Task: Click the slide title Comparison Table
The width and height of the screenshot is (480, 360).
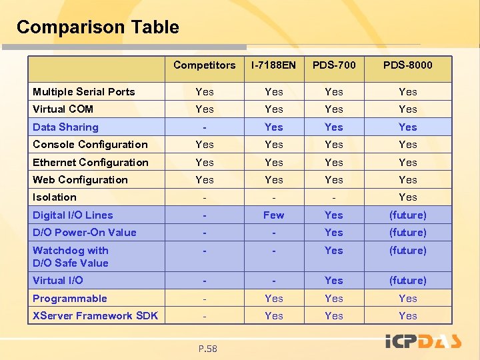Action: click(97, 27)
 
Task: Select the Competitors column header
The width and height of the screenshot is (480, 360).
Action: click(204, 65)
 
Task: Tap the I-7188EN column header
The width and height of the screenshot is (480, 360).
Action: click(273, 65)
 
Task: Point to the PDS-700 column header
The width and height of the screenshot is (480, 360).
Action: click(333, 65)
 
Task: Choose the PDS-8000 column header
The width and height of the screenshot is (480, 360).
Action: click(407, 65)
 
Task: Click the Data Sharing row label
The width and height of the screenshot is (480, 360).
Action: click(65, 127)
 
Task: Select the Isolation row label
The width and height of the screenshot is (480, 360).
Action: click(55, 197)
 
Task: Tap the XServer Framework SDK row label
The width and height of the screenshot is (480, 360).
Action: click(95, 316)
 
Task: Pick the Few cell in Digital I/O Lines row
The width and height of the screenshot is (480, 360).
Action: click(273, 215)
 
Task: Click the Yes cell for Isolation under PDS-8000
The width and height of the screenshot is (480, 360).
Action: click(407, 197)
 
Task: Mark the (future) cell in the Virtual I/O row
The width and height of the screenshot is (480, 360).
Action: click(407, 281)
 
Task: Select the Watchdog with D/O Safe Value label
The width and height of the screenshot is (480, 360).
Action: click(71, 257)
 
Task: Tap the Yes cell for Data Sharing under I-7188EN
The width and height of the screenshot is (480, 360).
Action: click(273, 127)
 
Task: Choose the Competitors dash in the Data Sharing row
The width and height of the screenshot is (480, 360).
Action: click(204, 127)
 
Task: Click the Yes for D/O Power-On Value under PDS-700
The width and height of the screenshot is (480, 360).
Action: click(333, 233)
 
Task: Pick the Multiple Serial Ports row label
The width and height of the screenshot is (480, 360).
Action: click(84, 92)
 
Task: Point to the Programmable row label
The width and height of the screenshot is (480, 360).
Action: click(70, 299)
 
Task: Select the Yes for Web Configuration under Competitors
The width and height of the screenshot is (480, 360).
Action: click(204, 180)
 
